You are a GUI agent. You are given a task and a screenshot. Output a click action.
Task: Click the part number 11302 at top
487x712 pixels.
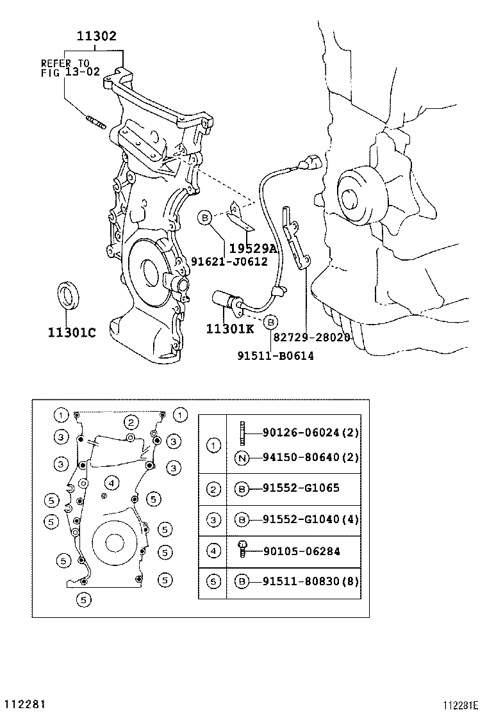click(x=97, y=36)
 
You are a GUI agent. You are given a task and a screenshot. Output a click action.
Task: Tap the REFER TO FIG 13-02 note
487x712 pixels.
click(x=70, y=68)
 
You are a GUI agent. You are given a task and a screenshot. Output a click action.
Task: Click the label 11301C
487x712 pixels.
click(x=71, y=332)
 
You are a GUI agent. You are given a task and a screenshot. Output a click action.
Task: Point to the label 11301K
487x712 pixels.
click(x=230, y=328)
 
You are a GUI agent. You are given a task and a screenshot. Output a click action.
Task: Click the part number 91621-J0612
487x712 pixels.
click(x=229, y=261)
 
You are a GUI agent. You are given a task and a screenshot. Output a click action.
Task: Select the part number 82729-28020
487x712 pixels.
click(x=311, y=337)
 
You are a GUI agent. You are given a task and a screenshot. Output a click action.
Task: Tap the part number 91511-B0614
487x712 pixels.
click(x=276, y=356)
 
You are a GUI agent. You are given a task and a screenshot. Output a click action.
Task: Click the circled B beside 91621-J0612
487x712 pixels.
click(x=204, y=218)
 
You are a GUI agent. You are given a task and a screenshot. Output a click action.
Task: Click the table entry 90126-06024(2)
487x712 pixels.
click(x=310, y=433)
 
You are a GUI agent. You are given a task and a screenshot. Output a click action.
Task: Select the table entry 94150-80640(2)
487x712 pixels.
click(x=310, y=457)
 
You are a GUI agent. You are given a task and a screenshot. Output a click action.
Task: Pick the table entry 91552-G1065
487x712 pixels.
click(x=301, y=488)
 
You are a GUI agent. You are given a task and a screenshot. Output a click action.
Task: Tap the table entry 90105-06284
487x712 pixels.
click(x=301, y=551)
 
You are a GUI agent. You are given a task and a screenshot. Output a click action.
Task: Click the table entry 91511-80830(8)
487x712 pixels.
click(x=310, y=581)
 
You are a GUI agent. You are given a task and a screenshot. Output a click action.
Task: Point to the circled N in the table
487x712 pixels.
click(x=242, y=457)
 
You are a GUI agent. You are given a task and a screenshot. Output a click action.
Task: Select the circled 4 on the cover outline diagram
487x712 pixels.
click(x=111, y=482)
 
